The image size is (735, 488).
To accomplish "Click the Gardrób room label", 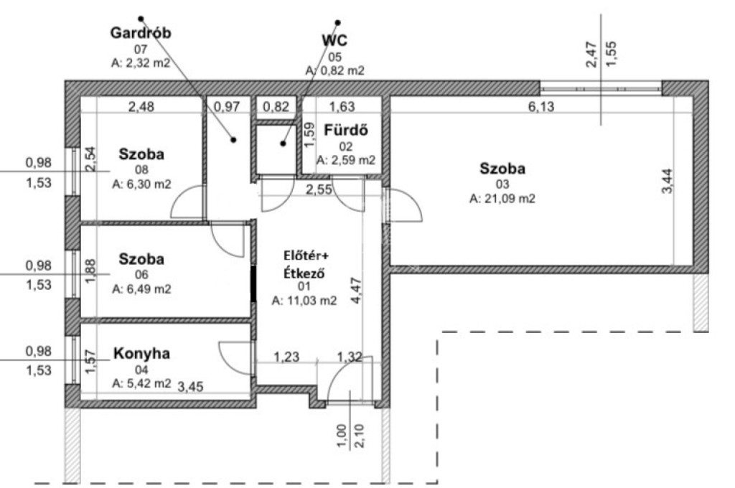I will (141, 33).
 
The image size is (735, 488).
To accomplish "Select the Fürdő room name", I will (347, 131).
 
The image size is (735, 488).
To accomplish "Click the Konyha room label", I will (142, 354).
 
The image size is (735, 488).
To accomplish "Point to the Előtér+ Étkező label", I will (301, 265).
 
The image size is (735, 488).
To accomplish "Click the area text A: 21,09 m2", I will (502, 199).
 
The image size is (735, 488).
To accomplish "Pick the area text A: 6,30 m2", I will (141, 184).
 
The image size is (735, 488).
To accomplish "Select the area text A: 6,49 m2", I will (141, 288).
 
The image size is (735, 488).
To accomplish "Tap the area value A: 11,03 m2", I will (304, 301).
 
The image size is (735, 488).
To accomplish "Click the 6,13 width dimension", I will (542, 107).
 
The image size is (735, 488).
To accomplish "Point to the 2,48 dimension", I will (141, 108).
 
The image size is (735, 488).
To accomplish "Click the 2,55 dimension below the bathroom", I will (319, 189).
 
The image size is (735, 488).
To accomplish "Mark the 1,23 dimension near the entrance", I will (286, 356).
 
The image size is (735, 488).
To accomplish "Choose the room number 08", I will (141, 169).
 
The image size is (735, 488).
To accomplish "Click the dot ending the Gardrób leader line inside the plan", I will (233, 141).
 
